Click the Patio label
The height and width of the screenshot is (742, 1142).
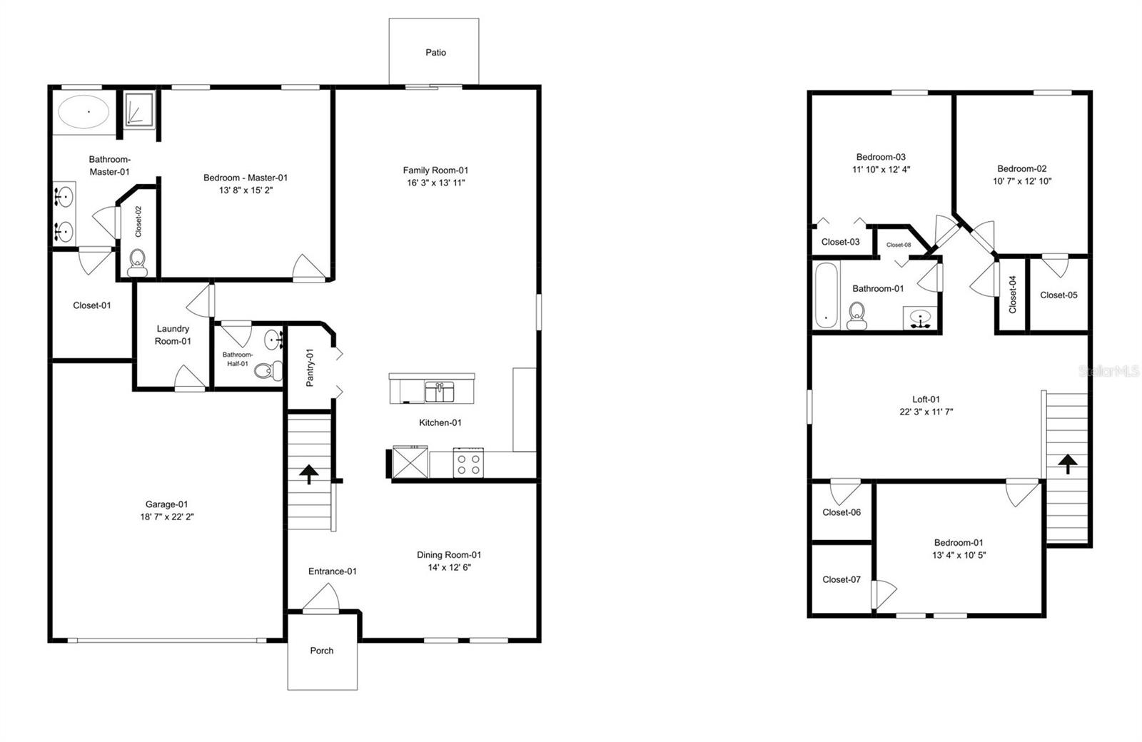click(x=435, y=53)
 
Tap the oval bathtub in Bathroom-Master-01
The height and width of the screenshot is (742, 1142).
click(x=84, y=112)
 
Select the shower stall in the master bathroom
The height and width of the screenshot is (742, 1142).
click(x=138, y=109)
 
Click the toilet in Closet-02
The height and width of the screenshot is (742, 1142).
click(x=138, y=263)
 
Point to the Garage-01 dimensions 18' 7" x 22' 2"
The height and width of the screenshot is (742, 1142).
click(x=167, y=517)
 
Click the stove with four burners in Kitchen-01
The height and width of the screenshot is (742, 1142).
click(x=468, y=464)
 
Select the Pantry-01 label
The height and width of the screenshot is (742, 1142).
click(x=310, y=367)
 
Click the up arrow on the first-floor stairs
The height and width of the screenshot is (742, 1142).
click(x=309, y=474)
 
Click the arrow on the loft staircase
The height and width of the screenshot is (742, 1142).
click(x=1068, y=464)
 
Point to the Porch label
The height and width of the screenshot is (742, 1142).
click(x=321, y=651)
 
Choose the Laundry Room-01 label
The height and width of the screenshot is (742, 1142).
click(x=173, y=335)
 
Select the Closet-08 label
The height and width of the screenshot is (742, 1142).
click(x=899, y=245)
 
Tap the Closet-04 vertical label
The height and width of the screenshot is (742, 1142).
click(x=1012, y=295)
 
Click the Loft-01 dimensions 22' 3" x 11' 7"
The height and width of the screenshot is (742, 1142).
click(x=926, y=412)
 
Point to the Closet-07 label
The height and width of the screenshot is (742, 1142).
click(x=842, y=579)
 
